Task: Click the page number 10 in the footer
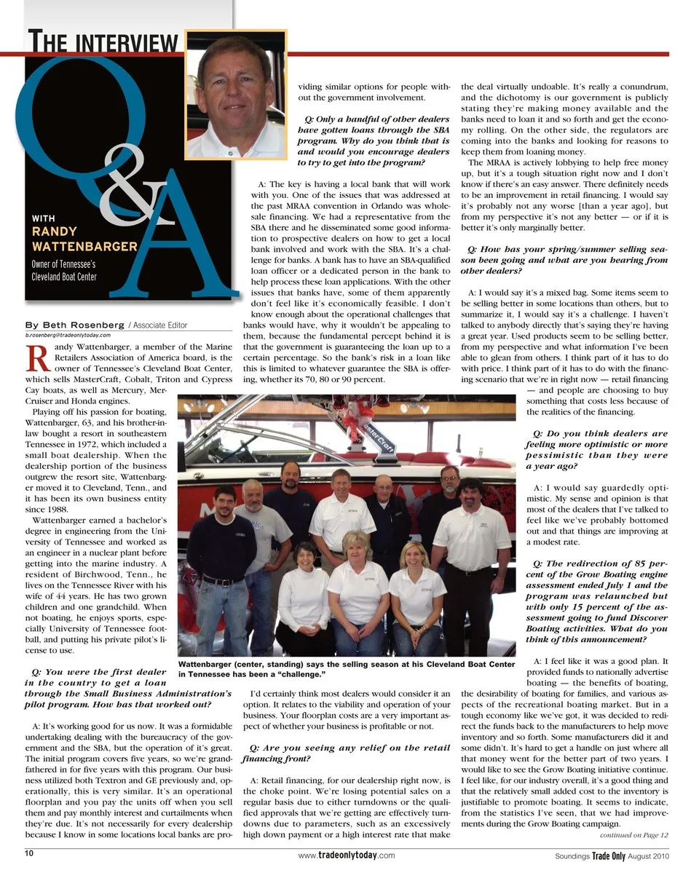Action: coord(28,854)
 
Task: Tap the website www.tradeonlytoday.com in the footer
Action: coord(347,855)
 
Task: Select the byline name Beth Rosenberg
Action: coord(75,325)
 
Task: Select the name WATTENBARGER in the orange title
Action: coord(84,246)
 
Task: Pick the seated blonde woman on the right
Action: coord(416,593)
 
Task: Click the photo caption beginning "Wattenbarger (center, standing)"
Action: coord(346,669)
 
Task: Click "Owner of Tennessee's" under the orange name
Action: coord(63,264)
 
